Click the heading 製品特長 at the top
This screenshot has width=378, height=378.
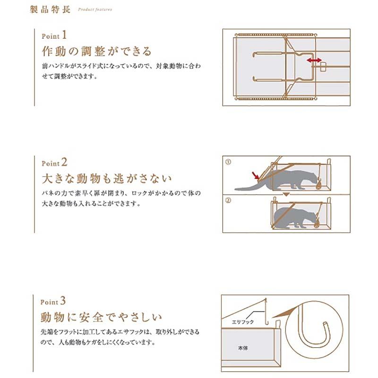51,9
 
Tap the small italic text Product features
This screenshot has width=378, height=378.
94,9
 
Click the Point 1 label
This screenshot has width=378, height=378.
55,36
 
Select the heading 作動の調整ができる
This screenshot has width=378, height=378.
96,51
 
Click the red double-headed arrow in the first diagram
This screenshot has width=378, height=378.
314,60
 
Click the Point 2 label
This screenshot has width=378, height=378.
55,163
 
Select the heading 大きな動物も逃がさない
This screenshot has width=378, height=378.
107,179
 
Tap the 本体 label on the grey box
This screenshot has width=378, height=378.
242,347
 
